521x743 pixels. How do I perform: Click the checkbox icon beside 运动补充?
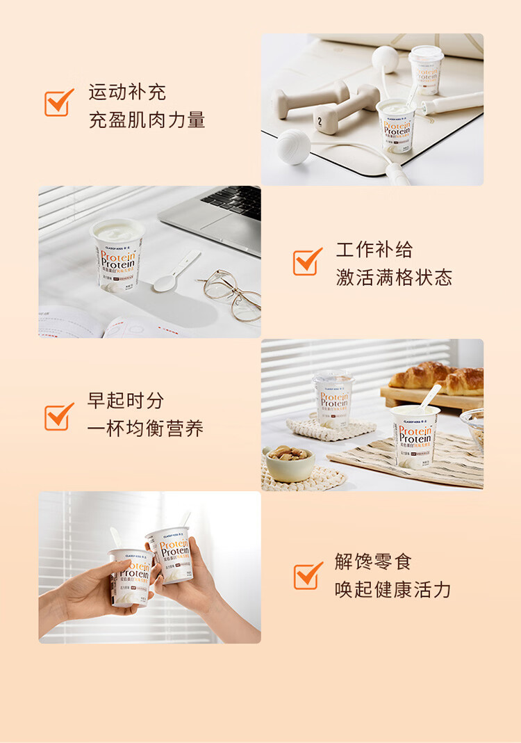point(58,103)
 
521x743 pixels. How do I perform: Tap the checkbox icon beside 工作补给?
point(307,262)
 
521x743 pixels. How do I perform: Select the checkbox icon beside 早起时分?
point(58,416)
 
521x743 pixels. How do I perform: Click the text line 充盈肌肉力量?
point(147,120)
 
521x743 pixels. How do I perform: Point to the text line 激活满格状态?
point(394,278)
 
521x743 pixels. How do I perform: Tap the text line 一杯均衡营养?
point(145,429)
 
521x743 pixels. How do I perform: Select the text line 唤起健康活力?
point(392,590)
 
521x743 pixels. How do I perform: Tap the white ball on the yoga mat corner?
point(294,147)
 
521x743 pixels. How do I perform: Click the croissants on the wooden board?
point(438,378)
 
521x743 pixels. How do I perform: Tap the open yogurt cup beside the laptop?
point(118,254)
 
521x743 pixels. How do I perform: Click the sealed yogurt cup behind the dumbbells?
point(426,70)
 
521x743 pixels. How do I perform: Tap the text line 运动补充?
point(127,92)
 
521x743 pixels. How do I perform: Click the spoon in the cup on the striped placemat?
point(430,397)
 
